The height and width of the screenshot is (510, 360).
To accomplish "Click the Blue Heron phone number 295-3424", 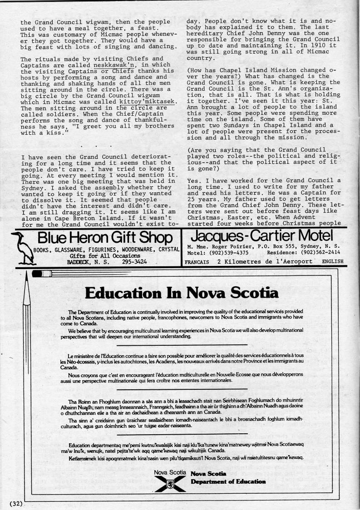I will click(x=134, y=262).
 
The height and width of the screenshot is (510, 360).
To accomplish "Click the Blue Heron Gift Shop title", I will click(x=104, y=238).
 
